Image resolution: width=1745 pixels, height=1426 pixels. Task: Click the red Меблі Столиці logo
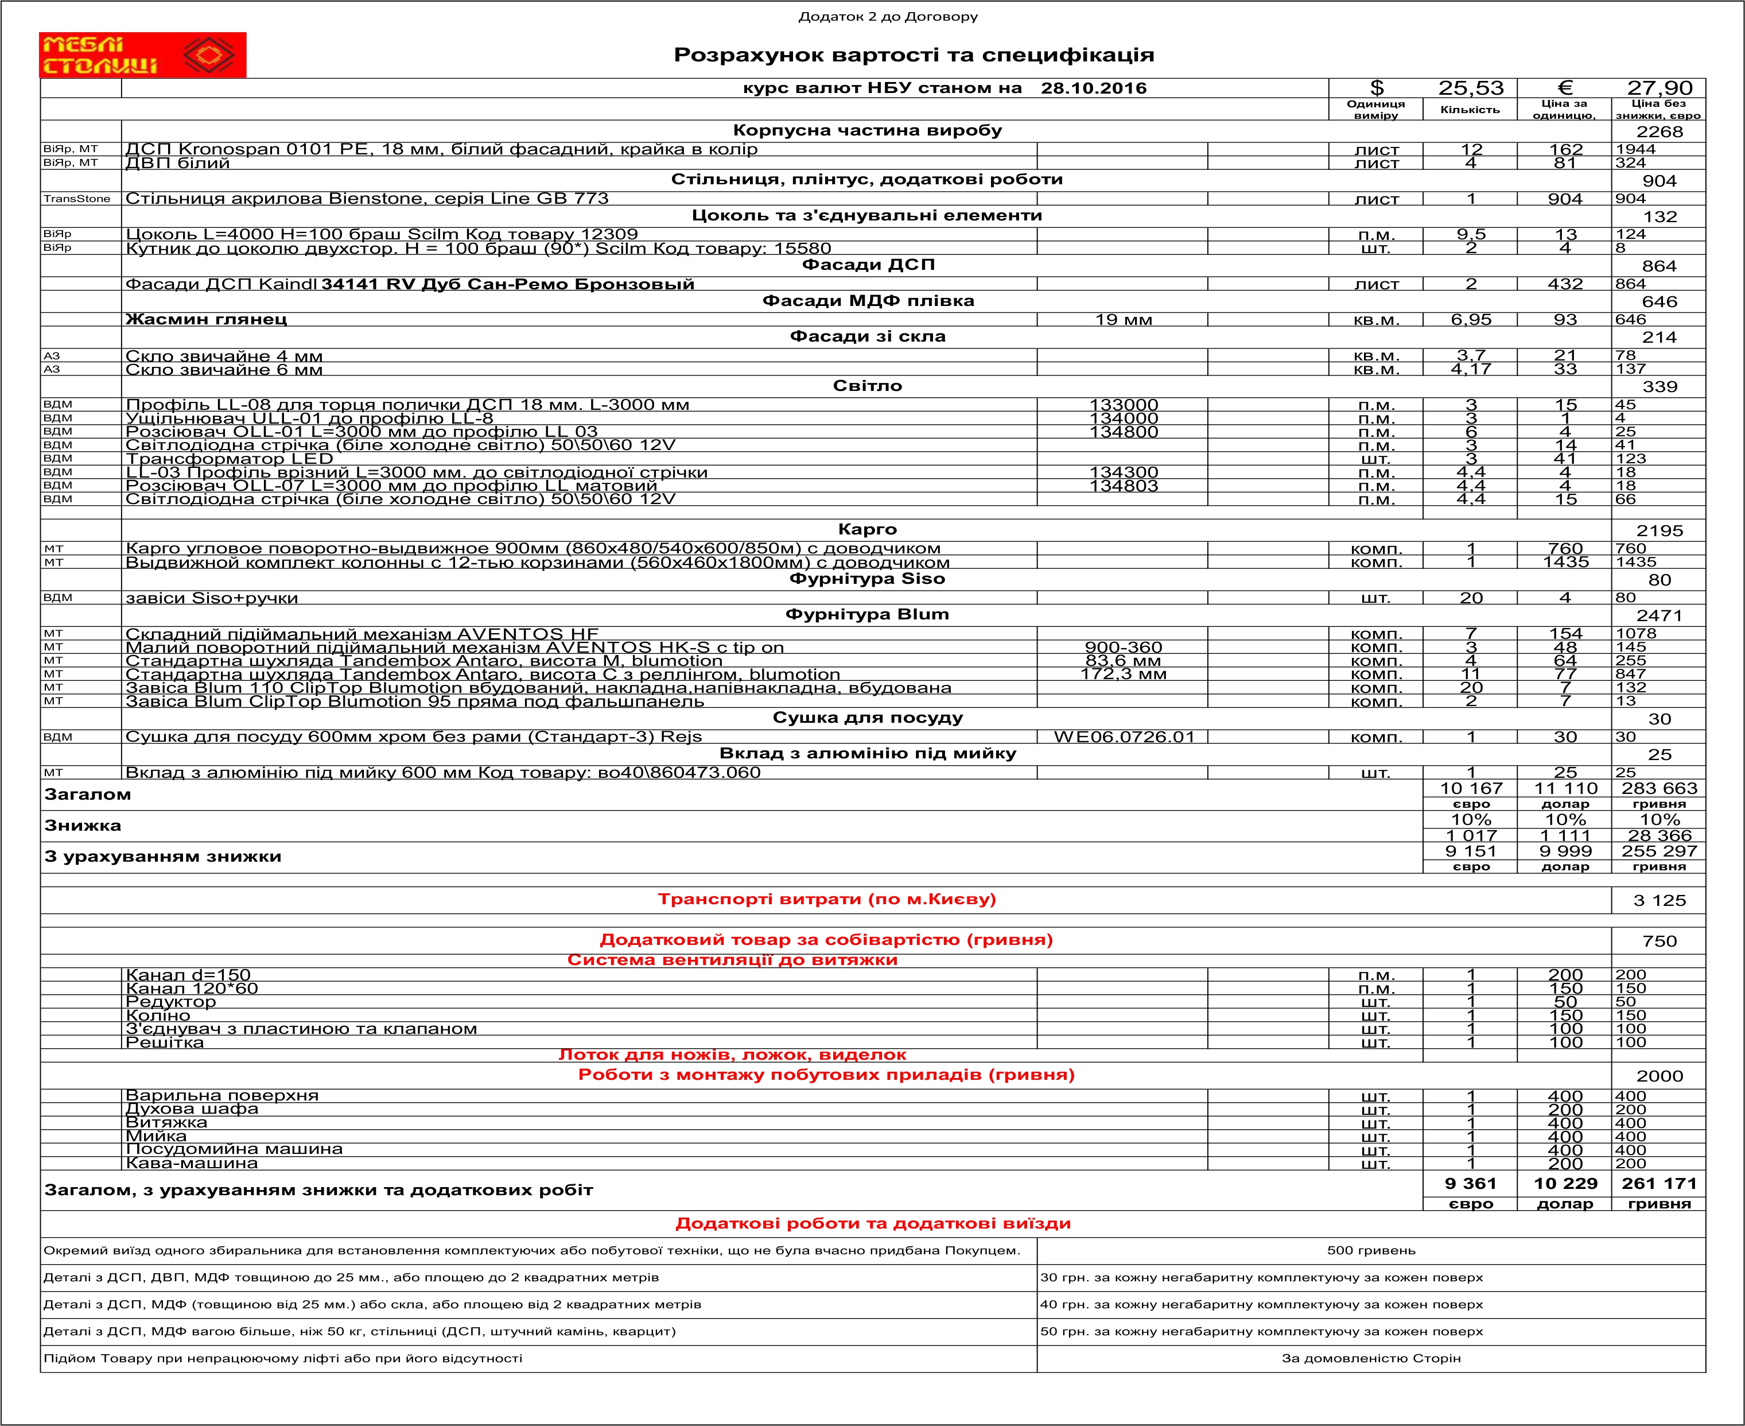142,55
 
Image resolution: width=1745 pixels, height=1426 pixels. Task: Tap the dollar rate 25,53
1470,88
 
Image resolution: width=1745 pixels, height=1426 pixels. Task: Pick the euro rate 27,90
1659,88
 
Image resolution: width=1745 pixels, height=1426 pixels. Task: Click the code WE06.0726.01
1124,737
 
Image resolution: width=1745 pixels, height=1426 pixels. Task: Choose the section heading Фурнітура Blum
866,614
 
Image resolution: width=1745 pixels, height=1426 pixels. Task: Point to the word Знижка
83,826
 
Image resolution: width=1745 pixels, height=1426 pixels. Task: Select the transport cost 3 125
1659,900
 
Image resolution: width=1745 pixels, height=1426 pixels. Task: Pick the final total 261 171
1659,1184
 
